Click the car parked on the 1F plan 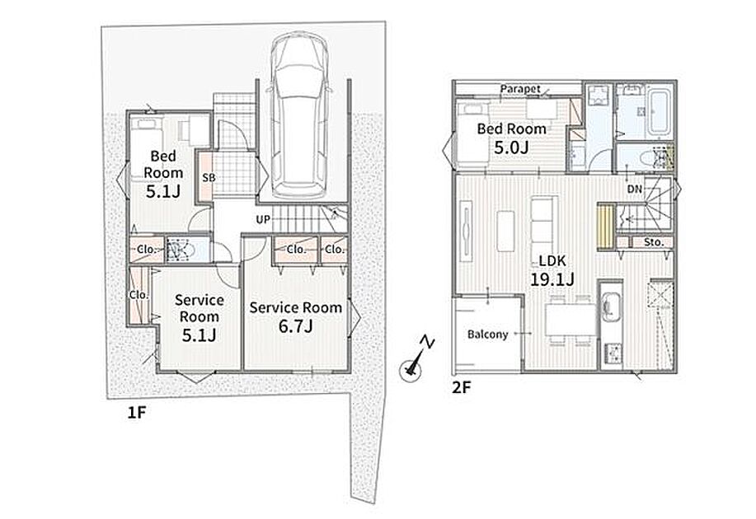click(x=298, y=115)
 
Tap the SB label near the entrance click(x=209, y=177)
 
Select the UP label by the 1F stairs click(x=263, y=220)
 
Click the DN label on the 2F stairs click(x=635, y=189)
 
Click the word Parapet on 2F click(x=520, y=89)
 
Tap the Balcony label click(x=488, y=334)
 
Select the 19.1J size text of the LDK click(x=552, y=279)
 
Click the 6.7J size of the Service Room click(x=295, y=326)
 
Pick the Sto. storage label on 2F click(x=654, y=242)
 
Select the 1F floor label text click(x=137, y=413)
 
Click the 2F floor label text click(x=461, y=388)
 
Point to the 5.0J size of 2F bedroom click(x=511, y=147)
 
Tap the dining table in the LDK click(x=571, y=320)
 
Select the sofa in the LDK click(x=544, y=223)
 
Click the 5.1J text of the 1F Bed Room click(x=163, y=191)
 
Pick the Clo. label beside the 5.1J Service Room click(x=139, y=294)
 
